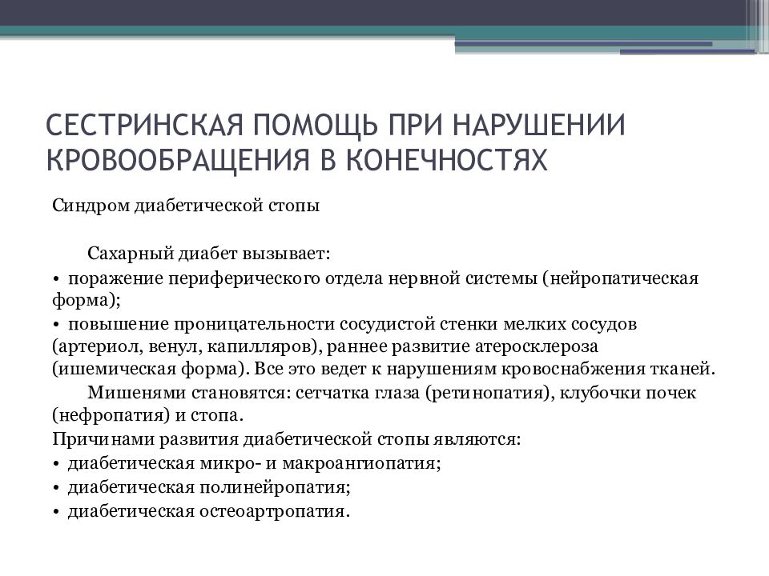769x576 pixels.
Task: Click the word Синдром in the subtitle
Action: pos(83,206)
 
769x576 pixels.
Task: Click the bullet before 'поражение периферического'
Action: pos(57,278)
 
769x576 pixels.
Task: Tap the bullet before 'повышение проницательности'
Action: pos(57,325)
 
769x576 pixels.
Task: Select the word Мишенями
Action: pos(123,393)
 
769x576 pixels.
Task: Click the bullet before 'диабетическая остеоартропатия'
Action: pos(57,511)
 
